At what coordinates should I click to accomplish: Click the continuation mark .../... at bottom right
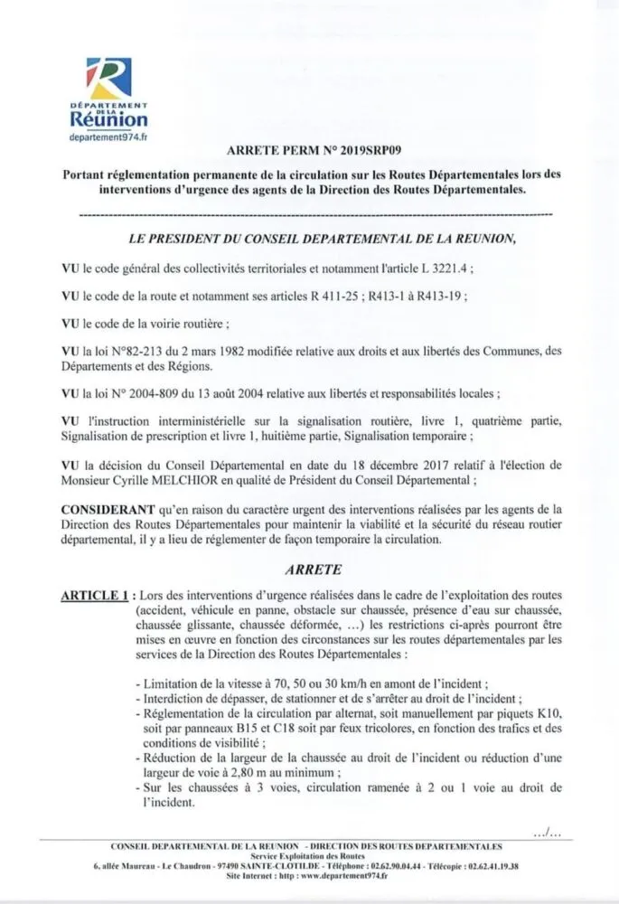click(549, 832)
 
